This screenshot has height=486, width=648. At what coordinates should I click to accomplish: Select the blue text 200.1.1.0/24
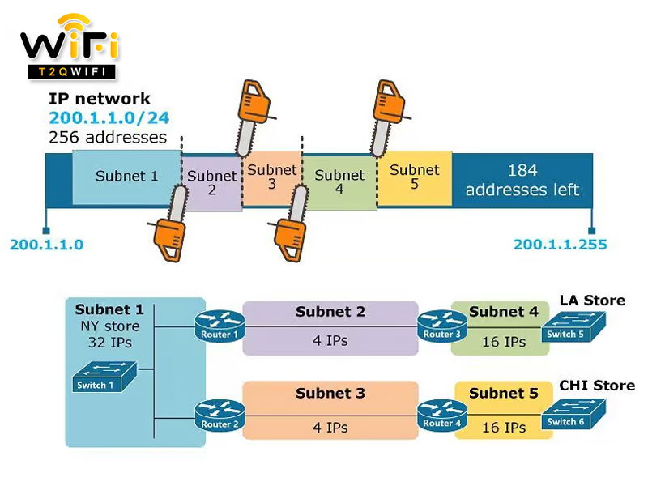(x=109, y=118)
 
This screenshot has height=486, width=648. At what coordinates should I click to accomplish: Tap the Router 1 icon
(x=219, y=326)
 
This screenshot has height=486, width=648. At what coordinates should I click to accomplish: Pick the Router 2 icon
(x=219, y=416)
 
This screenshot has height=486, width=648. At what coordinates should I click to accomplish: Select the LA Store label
(x=592, y=301)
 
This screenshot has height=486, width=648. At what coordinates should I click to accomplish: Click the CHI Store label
(x=596, y=386)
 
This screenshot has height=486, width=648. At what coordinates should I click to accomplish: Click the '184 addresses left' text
(x=522, y=181)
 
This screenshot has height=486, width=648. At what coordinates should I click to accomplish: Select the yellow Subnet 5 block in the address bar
(x=414, y=178)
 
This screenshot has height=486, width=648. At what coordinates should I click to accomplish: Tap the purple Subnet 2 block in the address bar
(x=212, y=183)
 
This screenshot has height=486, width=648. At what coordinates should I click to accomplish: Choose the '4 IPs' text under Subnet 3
(x=330, y=428)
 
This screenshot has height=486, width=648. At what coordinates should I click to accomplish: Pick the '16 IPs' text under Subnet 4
(x=503, y=342)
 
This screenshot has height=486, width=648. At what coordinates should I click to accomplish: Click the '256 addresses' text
(x=108, y=137)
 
